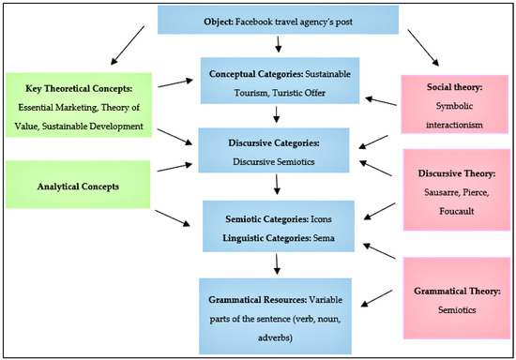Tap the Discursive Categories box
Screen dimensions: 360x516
[x=276, y=153]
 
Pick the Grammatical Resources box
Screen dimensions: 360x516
[x=276, y=302]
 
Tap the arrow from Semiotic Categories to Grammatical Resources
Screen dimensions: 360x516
[x=276, y=266]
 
